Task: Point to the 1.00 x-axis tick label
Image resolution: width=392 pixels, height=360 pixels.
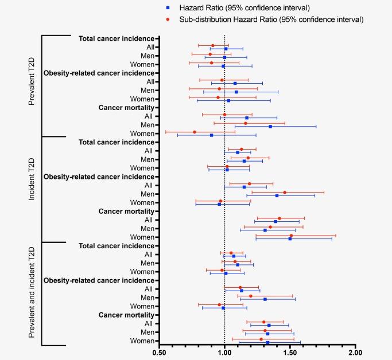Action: click(x=224, y=353)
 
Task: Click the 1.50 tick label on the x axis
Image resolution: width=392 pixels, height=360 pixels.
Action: click(x=290, y=353)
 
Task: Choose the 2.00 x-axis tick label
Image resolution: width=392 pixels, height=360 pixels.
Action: click(x=356, y=353)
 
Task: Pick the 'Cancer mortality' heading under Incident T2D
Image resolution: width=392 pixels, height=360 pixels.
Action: click(x=126, y=211)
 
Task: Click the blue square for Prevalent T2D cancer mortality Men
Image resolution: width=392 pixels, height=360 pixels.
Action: click(x=270, y=126)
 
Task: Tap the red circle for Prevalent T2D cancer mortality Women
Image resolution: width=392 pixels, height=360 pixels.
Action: click(x=194, y=132)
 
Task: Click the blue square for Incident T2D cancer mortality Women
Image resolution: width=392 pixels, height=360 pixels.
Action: click(x=290, y=238)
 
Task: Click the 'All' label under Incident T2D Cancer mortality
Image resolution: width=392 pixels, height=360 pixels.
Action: click(x=148, y=220)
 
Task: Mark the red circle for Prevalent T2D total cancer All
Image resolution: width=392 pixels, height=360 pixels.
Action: click(x=212, y=45)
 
